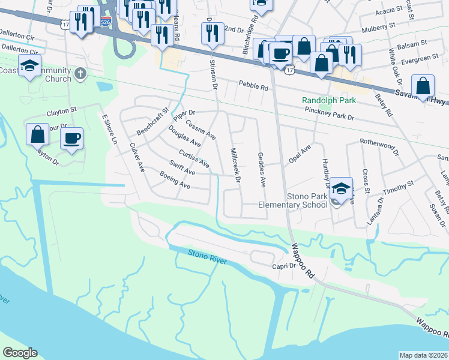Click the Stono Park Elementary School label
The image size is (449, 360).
click(292, 200)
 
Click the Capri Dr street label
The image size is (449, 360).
click(285, 266)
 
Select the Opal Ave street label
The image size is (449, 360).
click(298, 157)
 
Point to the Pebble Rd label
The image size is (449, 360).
click(253, 86)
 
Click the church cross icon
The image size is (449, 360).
click(81, 73)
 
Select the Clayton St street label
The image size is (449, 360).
click(62, 112)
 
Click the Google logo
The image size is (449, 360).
click(20, 353)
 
